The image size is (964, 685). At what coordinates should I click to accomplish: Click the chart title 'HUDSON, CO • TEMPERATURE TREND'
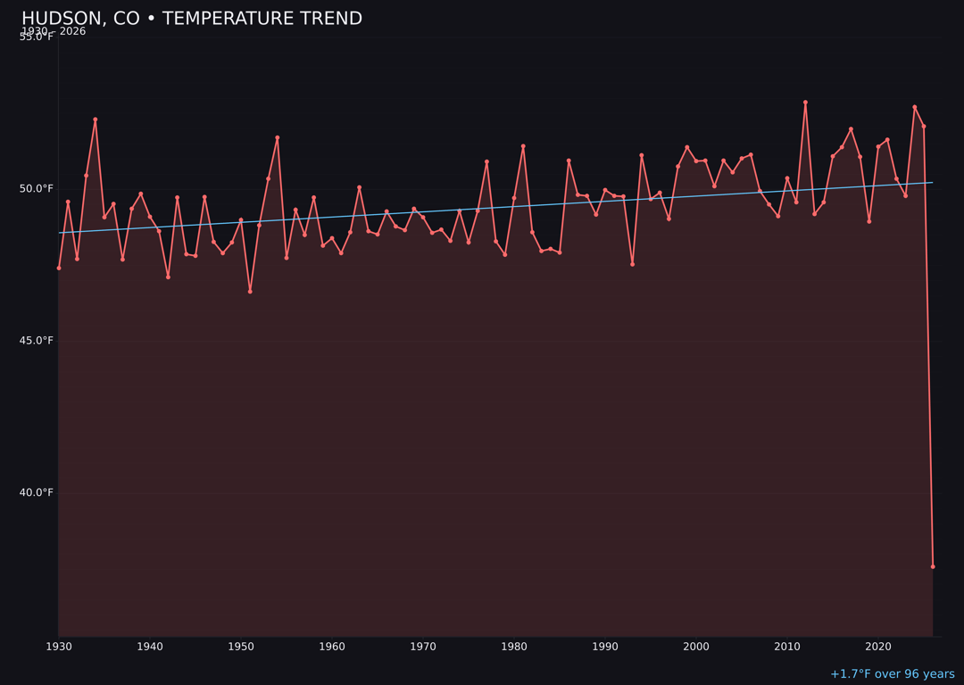pos(192,19)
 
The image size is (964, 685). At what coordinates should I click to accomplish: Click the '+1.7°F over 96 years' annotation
pos(892,674)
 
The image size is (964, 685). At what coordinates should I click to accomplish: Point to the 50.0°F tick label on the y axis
pos(37,188)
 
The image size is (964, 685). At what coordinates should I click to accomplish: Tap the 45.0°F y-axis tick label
pos(37,341)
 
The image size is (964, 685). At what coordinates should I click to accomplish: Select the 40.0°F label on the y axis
pos(37,492)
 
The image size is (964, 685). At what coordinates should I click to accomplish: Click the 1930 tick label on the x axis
pos(59,647)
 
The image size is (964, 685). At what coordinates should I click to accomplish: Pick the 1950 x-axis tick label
pos(241,647)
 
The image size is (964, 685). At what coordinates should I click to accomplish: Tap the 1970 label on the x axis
pos(423,647)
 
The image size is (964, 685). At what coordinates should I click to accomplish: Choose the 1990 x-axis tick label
pos(605,647)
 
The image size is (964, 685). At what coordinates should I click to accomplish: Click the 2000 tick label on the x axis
pos(696,647)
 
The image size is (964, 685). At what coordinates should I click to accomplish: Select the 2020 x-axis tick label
pos(878,647)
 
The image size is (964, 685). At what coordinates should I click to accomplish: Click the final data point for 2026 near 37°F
pos(933,566)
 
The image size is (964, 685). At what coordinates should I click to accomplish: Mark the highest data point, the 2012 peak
pos(805,103)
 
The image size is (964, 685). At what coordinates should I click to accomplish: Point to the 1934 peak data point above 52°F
pos(96,120)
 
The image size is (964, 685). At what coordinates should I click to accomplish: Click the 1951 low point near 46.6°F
pos(250,292)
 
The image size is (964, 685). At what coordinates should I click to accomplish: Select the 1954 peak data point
pos(278,138)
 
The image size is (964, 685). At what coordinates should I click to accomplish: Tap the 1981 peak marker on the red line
pos(523,146)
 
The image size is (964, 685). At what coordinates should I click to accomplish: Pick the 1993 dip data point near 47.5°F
pos(632,264)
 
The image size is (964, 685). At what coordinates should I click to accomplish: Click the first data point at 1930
pos(59,268)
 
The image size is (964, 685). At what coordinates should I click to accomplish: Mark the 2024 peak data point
pos(914,107)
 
